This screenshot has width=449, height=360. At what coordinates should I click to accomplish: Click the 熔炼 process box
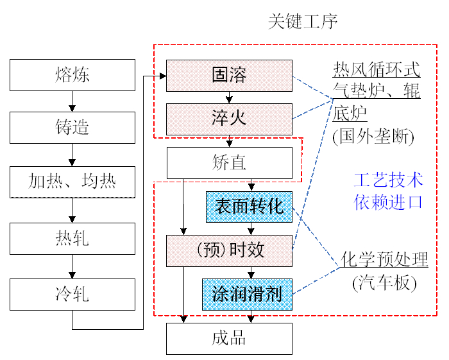click(72, 75)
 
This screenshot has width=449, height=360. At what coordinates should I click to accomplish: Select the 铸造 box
click(72, 128)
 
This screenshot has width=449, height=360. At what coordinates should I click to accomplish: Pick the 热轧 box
click(72, 239)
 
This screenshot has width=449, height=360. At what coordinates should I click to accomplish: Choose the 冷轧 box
click(72, 295)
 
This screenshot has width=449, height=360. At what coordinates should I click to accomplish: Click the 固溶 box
click(229, 75)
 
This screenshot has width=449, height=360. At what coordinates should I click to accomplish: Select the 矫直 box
click(229, 163)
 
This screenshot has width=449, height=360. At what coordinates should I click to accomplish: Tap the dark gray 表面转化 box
click(249, 207)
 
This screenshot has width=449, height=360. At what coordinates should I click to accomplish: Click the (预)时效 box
click(229, 250)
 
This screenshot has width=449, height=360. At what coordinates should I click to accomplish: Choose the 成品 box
click(229, 338)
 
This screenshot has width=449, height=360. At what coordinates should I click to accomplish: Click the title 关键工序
click(302, 22)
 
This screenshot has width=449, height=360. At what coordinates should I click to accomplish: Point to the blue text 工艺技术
click(388, 180)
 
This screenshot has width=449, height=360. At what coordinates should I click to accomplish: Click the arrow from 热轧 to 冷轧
click(72, 268)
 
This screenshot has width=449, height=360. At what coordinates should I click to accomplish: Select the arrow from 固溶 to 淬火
click(229, 98)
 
